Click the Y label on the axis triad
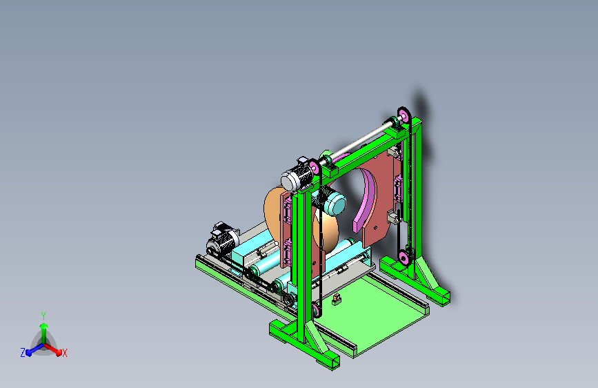pos(43,316)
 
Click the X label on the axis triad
pos(64,353)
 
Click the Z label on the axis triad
pos(23,353)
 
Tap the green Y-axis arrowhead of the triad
pos(44,326)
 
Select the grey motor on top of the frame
pos(297,175)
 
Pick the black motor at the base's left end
pos(222,240)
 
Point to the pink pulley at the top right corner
pos(404,115)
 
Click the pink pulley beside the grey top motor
pos(315,167)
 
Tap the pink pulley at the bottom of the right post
pos(403,258)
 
